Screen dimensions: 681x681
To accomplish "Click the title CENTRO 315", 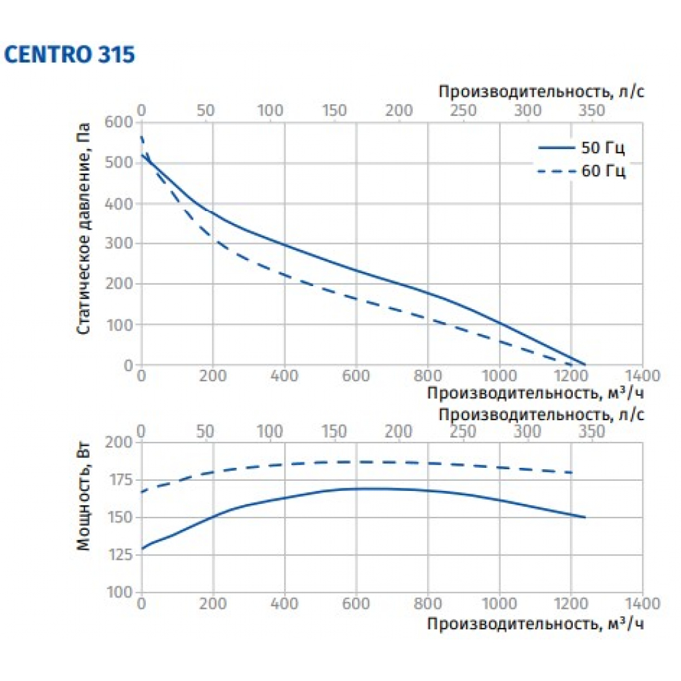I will [70, 54].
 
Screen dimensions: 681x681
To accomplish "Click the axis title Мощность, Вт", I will [84, 504].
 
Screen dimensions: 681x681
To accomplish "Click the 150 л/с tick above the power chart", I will [334, 431].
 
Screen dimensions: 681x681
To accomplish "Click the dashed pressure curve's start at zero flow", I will [142, 137].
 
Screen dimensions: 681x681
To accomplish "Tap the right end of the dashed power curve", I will [572, 473].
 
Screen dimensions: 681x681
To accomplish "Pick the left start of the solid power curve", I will [142, 548].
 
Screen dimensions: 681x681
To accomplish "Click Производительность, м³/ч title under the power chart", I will [535, 622].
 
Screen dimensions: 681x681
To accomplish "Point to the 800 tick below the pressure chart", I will [428, 376].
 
